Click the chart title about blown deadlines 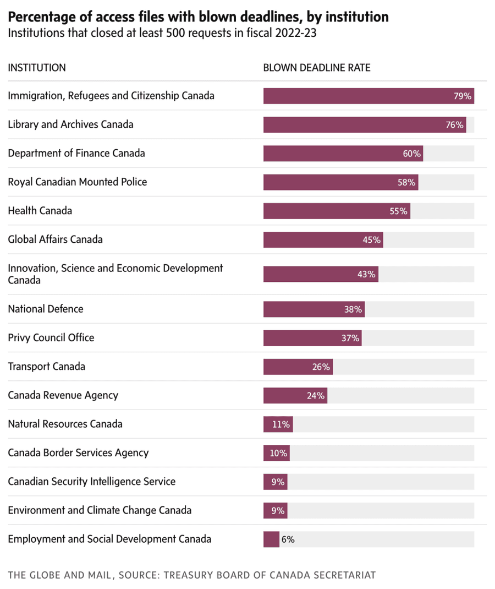click(x=198, y=17)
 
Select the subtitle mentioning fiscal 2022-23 click(x=162, y=33)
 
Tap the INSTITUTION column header click(x=37, y=68)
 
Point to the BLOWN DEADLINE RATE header click(x=317, y=68)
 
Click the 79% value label click(x=463, y=96)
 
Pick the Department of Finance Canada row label click(x=76, y=153)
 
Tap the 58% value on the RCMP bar click(x=406, y=182)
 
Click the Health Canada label click(x=40, y=211)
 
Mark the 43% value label click(x=366, y=274)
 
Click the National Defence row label click(x=46, y=309)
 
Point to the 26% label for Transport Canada click(x=321, y=367)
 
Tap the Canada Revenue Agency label click(x=63, y=395)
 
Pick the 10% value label click(x=278, y=453)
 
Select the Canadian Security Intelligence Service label click(x=92, y=482)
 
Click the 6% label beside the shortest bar click(x=288, y=539)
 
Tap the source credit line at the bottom click(x=192, y=575)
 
